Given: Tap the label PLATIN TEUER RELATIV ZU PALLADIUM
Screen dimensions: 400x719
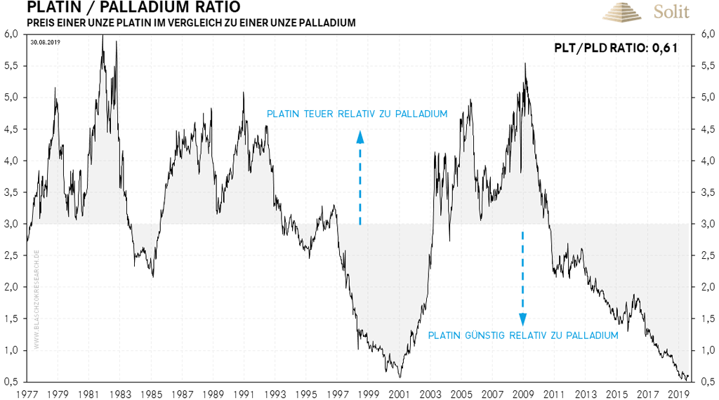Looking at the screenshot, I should [x=357, y=114].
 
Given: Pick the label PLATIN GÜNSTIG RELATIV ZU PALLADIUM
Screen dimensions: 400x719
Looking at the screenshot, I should [x=523, y=335].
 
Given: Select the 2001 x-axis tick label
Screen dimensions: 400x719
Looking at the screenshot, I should [x=400, y=394].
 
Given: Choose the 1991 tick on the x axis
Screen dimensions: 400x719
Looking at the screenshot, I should [x=244, y=394].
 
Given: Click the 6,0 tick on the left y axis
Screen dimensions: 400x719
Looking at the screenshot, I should [x=11, y=34].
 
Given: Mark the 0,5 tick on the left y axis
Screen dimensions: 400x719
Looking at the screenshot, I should [x=11, y=381].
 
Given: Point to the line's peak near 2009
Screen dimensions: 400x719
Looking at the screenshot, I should [x=525, y=64].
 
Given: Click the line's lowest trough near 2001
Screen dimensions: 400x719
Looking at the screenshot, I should [x=399, y=377].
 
